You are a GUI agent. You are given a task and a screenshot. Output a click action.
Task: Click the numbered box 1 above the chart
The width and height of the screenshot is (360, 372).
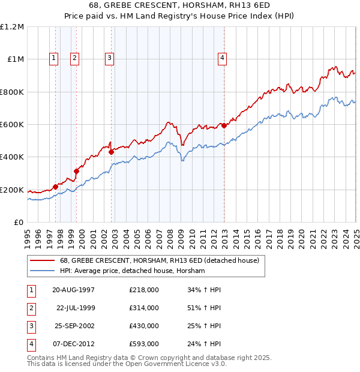click(x=54, y=58)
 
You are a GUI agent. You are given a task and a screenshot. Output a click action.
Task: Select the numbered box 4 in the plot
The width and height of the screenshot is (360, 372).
click(x=222, y=58)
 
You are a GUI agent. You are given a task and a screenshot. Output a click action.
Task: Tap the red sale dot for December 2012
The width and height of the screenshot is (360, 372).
click(x=224, y=125)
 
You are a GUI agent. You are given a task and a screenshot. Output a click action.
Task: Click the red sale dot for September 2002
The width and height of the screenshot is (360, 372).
click(x=112, y=152)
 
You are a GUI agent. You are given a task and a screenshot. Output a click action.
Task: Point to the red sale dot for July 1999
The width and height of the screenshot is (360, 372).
click(x=77, y=171)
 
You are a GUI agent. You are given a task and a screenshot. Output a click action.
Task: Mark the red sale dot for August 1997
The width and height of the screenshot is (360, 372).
click(x=56, y=187)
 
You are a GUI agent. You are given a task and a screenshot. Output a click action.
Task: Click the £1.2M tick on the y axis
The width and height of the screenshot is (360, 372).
click(x=12, y=27)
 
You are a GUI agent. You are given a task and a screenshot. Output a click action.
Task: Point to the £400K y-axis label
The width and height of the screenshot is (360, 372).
click(x=12, y=157)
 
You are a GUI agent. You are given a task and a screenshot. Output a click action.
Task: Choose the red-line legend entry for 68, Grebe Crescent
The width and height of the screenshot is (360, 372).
click(x=159, y=260)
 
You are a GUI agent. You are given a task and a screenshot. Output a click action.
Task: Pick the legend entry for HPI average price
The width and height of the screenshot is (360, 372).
click(x=132, y=271)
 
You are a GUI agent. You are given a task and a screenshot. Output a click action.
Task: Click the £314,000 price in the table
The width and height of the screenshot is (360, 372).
click(x=143, y=308)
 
